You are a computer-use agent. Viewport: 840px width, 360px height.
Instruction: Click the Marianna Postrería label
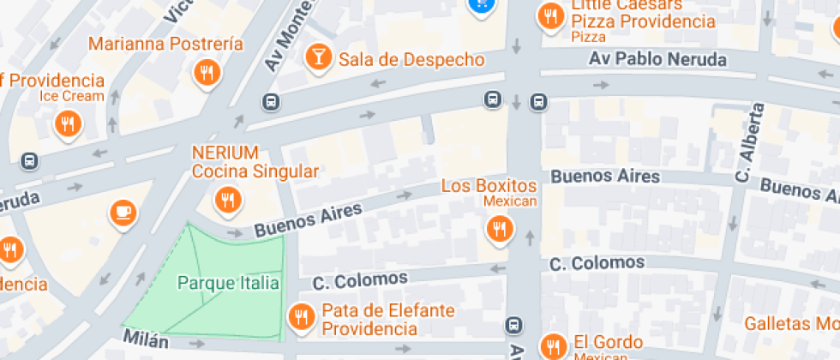[x=165, y=44]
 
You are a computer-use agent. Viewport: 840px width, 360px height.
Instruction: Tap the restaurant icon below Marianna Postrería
[x=207, y=74]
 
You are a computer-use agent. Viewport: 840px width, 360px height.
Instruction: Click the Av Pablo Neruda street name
[x=657, y=60]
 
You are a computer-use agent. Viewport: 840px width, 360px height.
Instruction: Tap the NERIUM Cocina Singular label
[x=255, y=162]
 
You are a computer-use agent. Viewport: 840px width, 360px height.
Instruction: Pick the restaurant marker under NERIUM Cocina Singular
[x=227, y=201]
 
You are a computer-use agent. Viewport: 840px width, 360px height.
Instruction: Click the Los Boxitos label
[x=489, y=186]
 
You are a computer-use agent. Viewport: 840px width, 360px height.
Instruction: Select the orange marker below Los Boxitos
[x=499, y=228]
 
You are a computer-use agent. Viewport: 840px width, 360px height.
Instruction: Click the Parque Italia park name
[x=228, y=283]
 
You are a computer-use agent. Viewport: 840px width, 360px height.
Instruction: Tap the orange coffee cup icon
[x=123, y=211]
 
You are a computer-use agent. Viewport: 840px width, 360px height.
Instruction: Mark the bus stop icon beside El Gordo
[x=513, y=325]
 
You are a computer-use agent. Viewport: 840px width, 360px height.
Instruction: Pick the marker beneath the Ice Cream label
[x=69, y=125]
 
